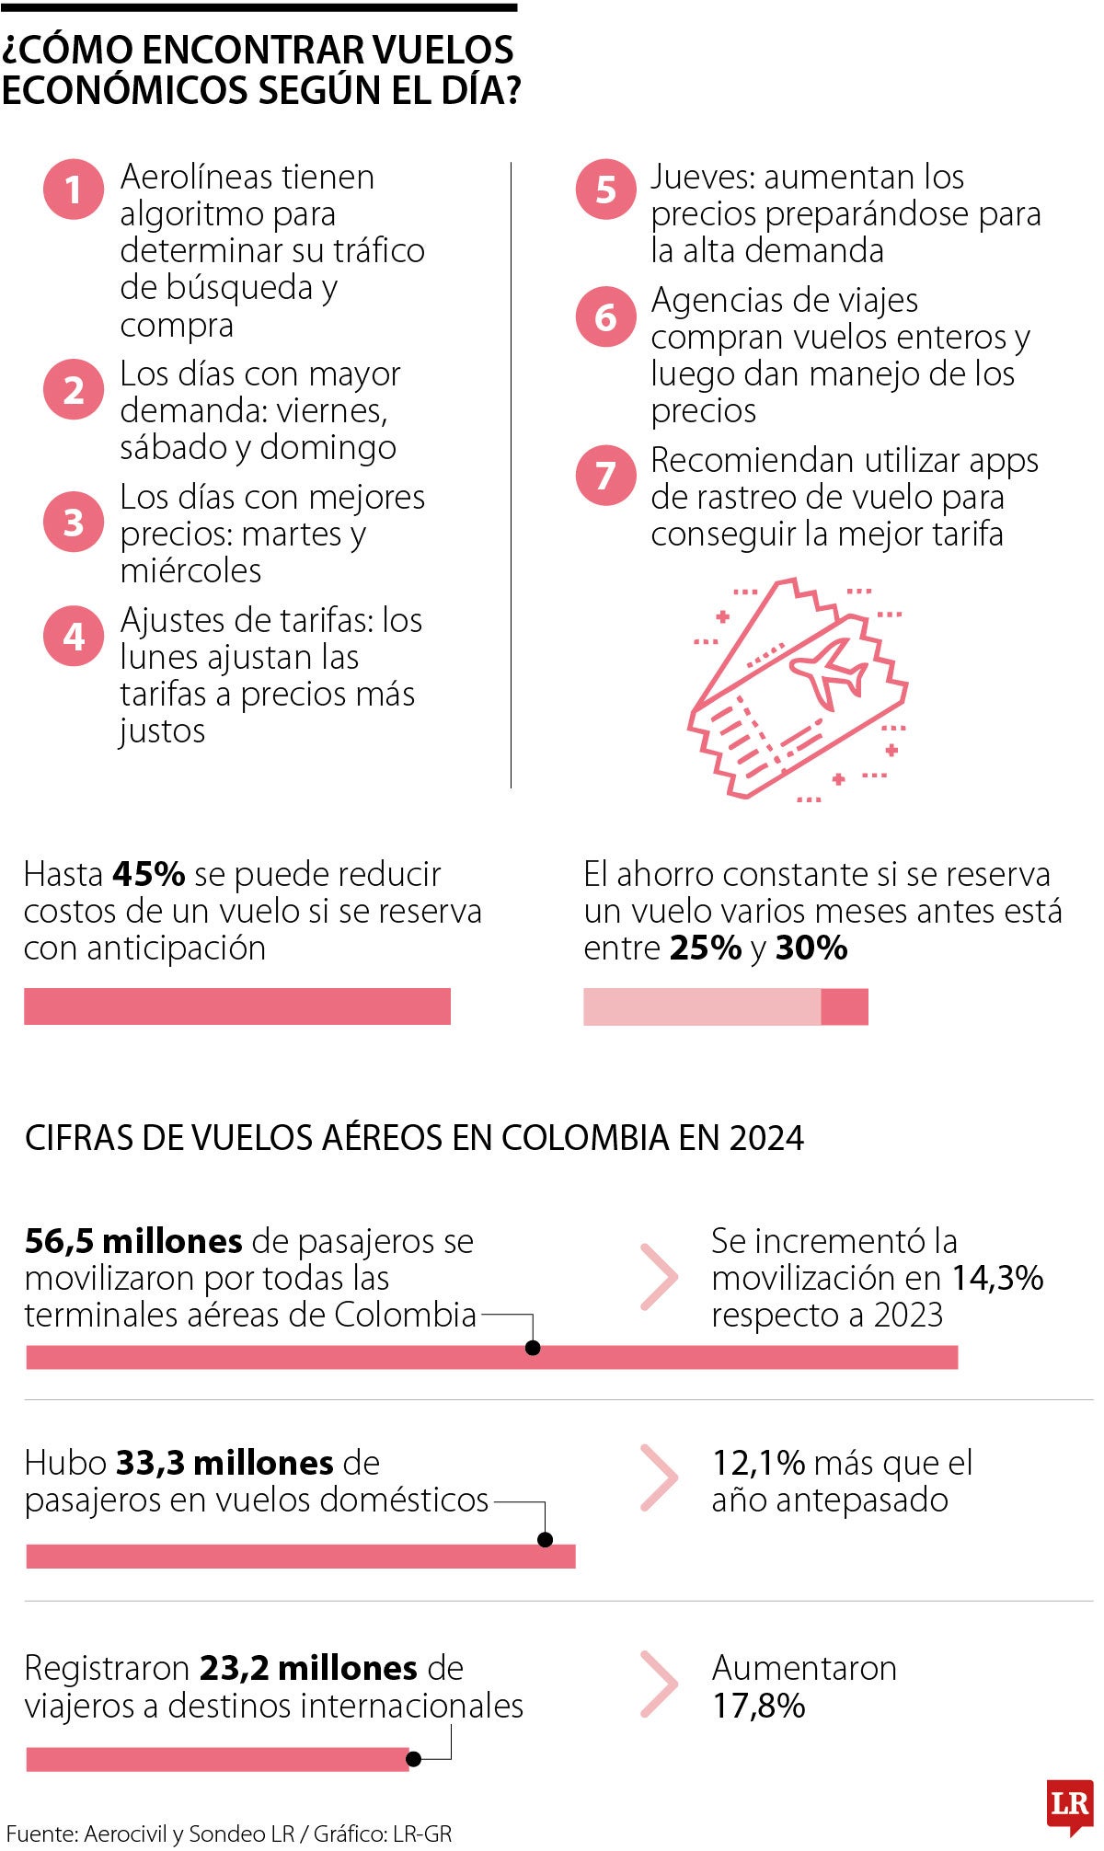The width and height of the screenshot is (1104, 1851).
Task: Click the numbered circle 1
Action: (74, 190)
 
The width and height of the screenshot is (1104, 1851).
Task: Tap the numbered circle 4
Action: (74, 636)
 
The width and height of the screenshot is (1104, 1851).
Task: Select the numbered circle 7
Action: (605, 476)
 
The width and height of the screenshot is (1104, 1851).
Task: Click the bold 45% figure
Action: (149, 874)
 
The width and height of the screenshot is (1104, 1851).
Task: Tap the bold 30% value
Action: (811, 948)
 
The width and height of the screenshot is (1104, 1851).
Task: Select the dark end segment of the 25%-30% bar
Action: (844, 1006)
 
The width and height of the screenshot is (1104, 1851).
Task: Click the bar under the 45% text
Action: (237, 1006)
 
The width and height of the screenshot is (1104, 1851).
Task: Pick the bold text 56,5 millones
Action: (133, 1241)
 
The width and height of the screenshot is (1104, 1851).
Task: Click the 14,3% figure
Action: (996, 1278)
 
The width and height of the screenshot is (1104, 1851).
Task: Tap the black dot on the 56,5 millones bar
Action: (532, 1348)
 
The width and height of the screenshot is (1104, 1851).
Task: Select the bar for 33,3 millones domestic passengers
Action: (301, 1557)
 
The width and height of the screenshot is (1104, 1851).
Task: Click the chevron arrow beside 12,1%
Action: (659, 1478)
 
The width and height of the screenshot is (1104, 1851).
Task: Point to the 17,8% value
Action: (759, 1706)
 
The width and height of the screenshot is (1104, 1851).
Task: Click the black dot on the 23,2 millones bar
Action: (414, 1759)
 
